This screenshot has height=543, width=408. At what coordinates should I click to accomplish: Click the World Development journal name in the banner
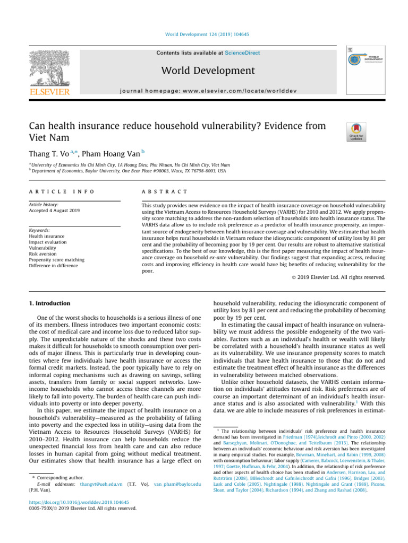(203, 71)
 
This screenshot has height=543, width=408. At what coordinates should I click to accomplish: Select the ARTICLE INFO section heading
(62, 191)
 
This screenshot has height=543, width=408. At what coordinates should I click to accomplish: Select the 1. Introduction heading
(48, 303)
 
